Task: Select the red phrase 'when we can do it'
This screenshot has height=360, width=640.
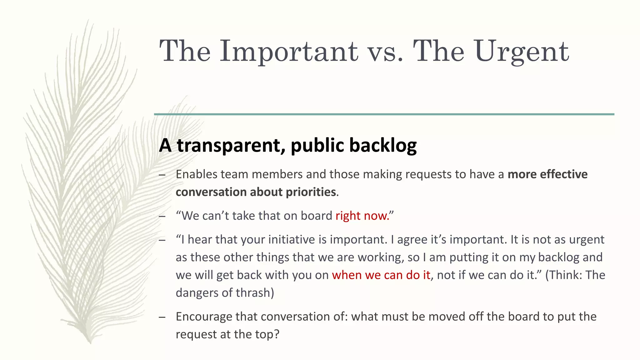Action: click(x=381, y=275)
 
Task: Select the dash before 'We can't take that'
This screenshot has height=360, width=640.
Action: click(x=162, y=216)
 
